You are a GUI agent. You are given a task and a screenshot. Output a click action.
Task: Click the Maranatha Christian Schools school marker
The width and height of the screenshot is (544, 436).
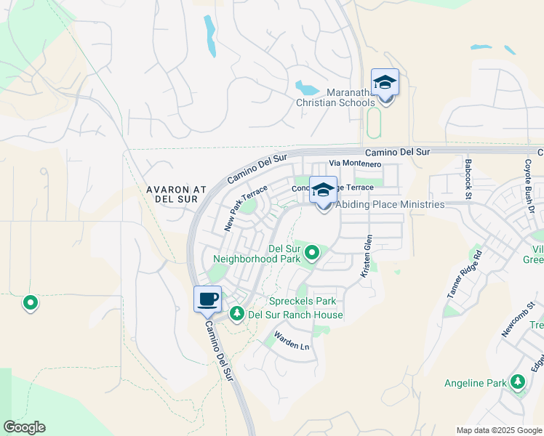coord(385,84)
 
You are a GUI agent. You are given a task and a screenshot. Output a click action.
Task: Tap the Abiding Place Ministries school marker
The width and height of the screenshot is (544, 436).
coord(324,191)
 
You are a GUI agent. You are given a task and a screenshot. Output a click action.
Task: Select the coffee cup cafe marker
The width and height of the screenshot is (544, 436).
coord(207,299)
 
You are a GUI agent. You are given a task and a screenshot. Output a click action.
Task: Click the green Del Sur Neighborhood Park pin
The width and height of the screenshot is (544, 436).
coord(312,253)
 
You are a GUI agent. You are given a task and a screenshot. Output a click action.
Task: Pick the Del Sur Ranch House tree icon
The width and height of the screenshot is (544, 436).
coord(236,314)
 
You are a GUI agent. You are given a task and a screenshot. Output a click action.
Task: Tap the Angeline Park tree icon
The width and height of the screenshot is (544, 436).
coord(517,381)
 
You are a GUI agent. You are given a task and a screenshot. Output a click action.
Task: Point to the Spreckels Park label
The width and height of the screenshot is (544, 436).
coord(303,301)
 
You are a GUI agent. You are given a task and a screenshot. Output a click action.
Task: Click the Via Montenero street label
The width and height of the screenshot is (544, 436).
coord(356,164)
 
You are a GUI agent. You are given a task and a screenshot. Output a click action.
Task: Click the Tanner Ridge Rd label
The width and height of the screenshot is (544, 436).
coord(465,275)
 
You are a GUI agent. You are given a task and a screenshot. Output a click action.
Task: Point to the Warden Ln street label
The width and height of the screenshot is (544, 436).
coord(292,342)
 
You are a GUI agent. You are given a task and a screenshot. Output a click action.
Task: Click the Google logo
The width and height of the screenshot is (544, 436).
coord(24,427)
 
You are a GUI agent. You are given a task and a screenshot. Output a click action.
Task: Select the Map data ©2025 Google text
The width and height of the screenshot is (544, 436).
coord(498,430)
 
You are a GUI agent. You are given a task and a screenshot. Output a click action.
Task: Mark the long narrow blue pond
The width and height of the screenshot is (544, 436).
coord(210,36)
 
